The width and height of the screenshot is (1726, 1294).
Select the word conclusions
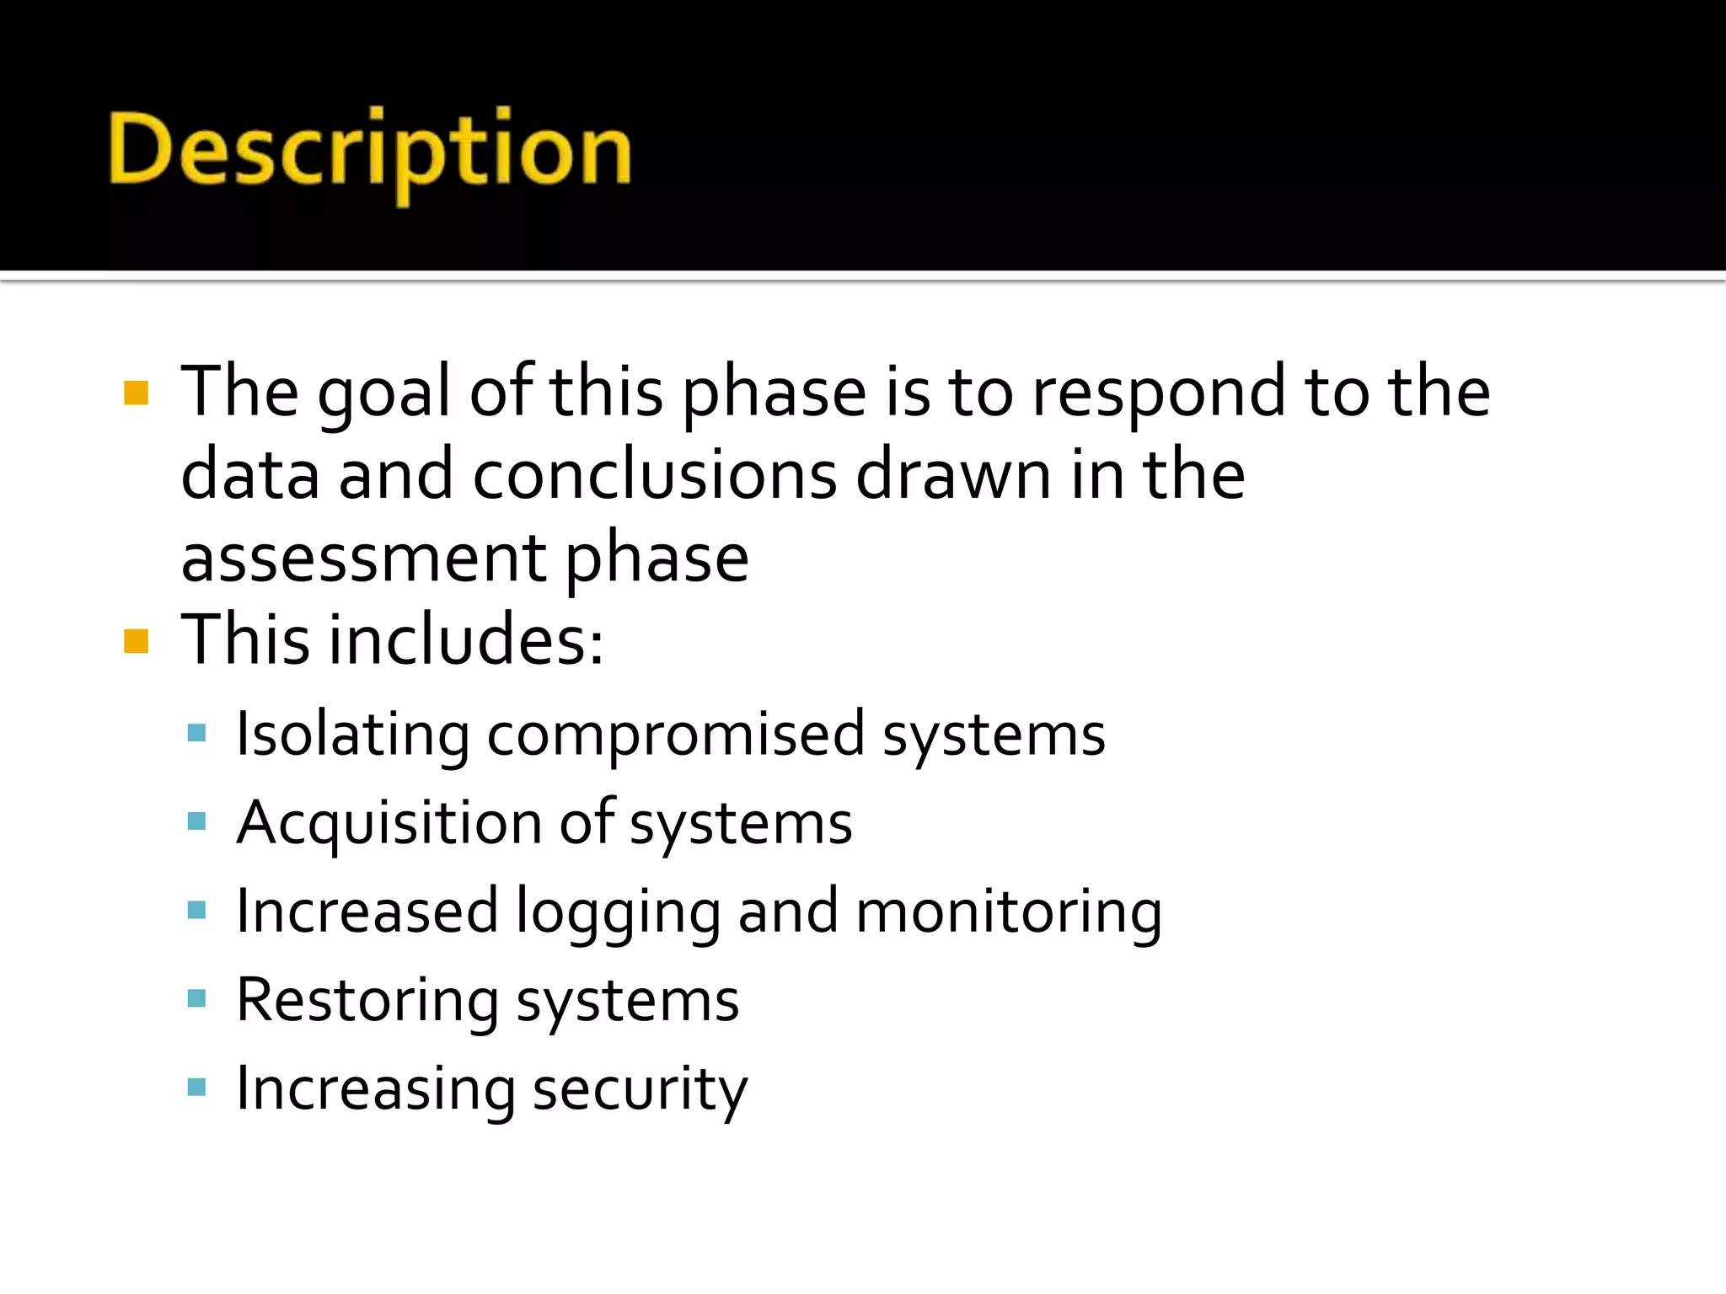click(x=655, y=475)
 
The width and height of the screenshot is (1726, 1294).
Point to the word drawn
click(x=953, y=475)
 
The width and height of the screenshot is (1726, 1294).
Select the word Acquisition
click(x=389, y=823)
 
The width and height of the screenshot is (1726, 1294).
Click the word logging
click(x=618, y=912)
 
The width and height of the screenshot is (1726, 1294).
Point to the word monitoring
click(x=1009, y=912)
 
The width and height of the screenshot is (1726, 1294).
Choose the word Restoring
click(x=367, y=1001)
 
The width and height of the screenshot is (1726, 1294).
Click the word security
click(x=640, y=1089)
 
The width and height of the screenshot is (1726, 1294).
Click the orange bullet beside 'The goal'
click(x=136, y=393)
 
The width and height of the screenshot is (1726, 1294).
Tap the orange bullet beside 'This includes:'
click(x=136, y=641)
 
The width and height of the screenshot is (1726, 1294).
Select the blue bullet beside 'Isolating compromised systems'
click(x=197, y=733)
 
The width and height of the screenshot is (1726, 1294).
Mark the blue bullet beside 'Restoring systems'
click(x=197, y=999)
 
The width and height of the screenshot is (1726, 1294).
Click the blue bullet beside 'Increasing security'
click(x=197, y=1088)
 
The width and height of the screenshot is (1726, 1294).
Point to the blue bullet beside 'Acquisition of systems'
click(x=197, y=821)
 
